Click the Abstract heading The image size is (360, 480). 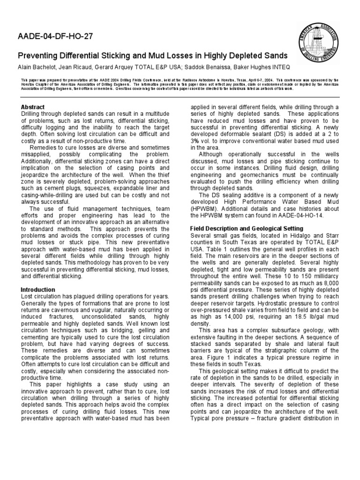[33, 107]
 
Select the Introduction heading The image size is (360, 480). [38, 290]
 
